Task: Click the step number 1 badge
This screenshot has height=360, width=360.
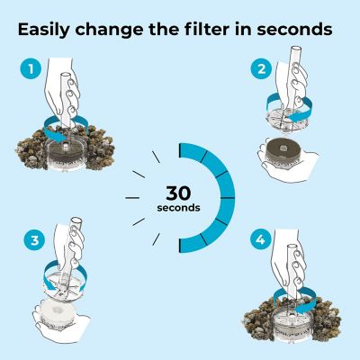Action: pyautogui.click(x=31, y=68)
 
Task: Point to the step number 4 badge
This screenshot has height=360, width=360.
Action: pyautogui.click(x=260, y=240)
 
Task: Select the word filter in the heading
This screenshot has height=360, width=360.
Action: pyautogui.click(x=215, y=29)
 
